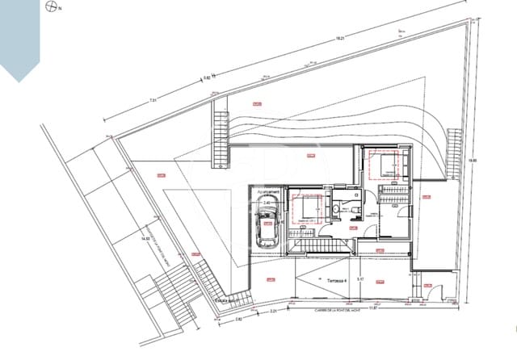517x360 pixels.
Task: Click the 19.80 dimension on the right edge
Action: [474, 160]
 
